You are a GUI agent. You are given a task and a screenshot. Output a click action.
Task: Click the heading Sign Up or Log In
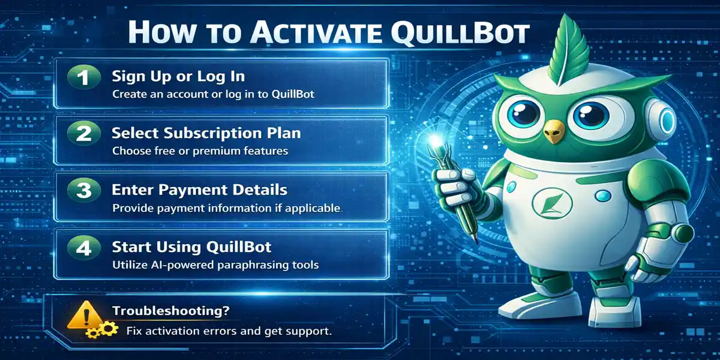[178, 77]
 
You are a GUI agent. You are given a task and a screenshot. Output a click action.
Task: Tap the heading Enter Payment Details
[200, 191]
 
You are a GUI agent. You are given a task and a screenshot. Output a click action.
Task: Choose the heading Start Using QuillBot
[191, 247]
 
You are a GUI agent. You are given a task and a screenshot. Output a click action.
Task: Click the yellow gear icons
[101, 331]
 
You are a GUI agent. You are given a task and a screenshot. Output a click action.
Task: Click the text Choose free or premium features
[200, 151]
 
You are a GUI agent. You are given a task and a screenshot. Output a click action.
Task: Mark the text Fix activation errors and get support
[229, 331]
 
